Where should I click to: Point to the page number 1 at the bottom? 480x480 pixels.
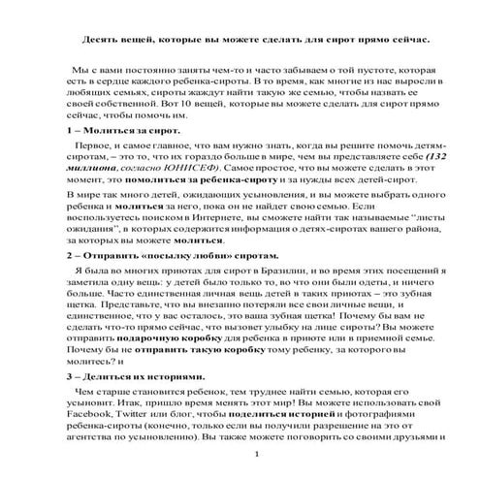pos(255,454)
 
